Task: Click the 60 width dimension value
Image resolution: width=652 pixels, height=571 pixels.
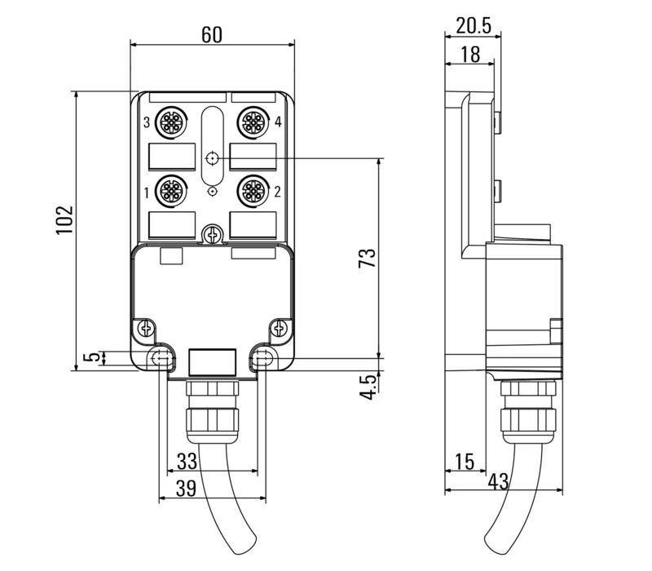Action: click(212, 35)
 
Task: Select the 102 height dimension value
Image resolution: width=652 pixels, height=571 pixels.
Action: click(65, 219)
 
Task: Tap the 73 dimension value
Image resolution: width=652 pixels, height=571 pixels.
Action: click(367, 258)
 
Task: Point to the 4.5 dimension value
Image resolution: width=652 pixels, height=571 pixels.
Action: click(368, 387)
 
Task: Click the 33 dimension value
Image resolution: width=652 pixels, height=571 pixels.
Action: click(187, 461)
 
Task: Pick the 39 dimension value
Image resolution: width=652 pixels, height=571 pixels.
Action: click(186, 488)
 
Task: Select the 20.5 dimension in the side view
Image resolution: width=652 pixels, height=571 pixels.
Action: click(474, 26)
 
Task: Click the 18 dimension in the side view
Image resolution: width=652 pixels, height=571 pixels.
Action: click(470, 55)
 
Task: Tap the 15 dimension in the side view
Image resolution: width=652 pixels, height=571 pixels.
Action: click(464, 461)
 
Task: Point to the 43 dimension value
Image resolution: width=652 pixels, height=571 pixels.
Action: click(498, 481)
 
